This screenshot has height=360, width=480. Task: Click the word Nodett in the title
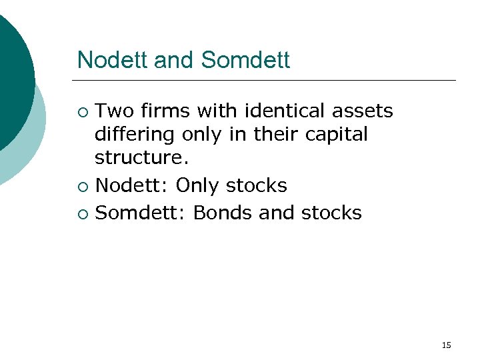(x=113, y=60)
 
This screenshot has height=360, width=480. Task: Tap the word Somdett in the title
(x=245, y=60)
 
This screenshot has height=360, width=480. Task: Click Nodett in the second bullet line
(x=132, y=185)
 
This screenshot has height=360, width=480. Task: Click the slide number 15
(x=447, y=345)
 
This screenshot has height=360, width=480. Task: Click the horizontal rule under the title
(x=267, y=80)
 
